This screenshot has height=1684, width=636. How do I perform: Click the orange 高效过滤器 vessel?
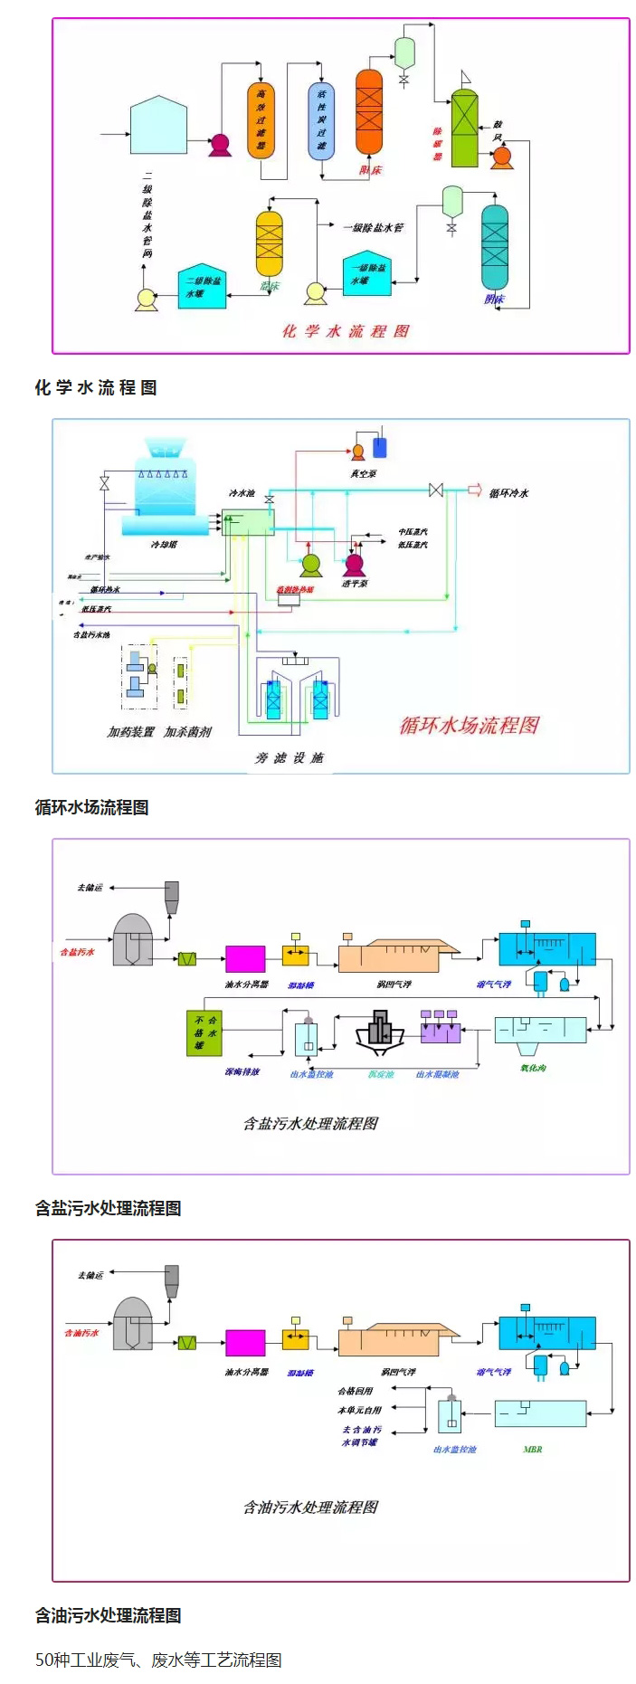point(261,120)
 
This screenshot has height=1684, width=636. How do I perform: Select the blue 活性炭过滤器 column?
point(321,120)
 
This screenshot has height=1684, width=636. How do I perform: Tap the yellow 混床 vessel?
point(270,243)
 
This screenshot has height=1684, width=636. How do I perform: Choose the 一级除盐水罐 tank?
point(367,275)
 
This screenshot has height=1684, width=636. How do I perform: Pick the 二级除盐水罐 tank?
point(202,288)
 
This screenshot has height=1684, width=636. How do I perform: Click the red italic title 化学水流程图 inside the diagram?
point(346,331)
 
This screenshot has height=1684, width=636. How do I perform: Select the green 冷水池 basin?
point(248,522)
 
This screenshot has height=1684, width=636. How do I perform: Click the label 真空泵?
point(364,473)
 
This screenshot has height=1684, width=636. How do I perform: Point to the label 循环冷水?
point(508,493)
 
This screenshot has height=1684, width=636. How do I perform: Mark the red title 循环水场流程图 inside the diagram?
point(470,725)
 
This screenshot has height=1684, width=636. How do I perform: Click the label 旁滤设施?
point(289,757)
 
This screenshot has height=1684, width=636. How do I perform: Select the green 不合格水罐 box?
point(204,1032)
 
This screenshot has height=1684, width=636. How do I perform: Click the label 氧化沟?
point(533,1068)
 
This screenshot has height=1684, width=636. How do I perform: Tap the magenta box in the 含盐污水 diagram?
point(245,958)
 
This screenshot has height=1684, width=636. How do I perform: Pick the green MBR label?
point(533,1449)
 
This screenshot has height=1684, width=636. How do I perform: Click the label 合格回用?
point(356,1391)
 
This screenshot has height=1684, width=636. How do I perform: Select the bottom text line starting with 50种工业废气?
point(158,1660)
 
